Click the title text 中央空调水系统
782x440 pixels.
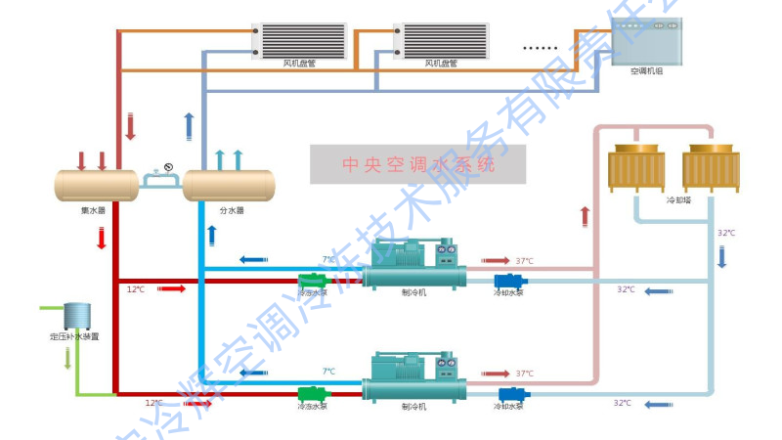(417, 165)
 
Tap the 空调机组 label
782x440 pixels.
(646, 70)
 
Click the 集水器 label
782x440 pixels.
(94, 209)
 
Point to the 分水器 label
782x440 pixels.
(231, 209)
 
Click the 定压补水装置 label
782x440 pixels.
(74, 336)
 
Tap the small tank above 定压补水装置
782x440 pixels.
(75, 315)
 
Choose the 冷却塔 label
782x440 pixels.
(678, 199)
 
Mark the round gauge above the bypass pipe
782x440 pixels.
(168, 166)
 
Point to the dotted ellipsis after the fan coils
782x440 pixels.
(540, 46)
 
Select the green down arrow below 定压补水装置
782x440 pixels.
(66, 358)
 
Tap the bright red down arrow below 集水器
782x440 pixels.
(102, 238)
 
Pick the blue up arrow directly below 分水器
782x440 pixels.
(211, 236)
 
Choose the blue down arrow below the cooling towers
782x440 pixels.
(722, 257)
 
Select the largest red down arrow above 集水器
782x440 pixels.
(130, 126)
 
